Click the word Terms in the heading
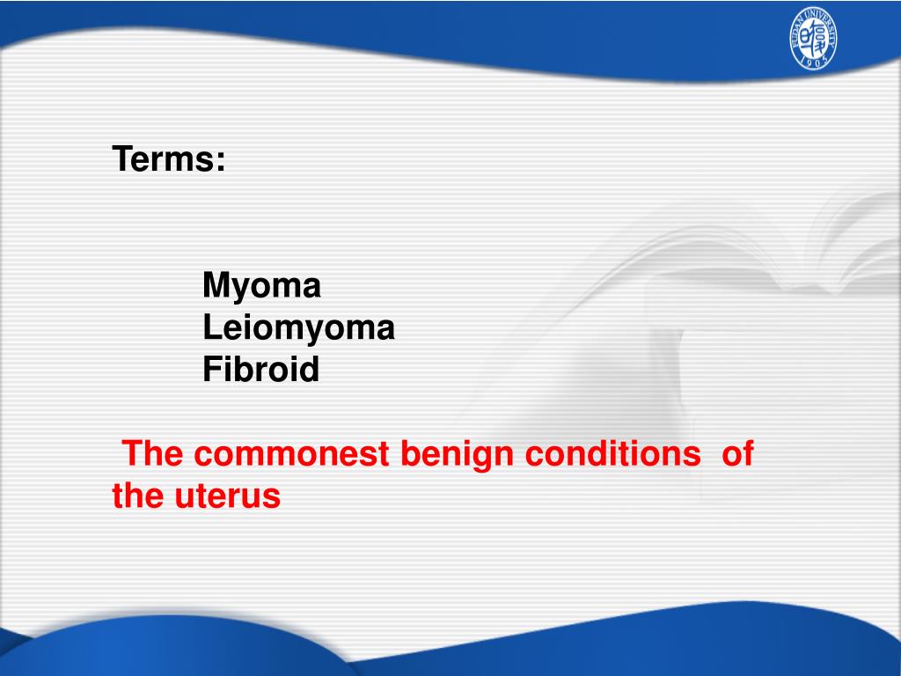pyautogui.click(x=164, y=159)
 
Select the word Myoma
pyautogui.click(x=261, y=285)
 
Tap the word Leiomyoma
pyautogui.click(x=298, y=328)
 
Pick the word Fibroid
pyautogui.click(x=260, y=370)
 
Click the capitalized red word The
pyautogui.click(x=153, y=454)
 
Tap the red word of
pyautogui.click(x=737, y=454)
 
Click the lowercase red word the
pyautogui.click(x=136, y=496)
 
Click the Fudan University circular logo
pyautogui.click(x=812, y=40)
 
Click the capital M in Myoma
pyautogui.click(x=216, y=285)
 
